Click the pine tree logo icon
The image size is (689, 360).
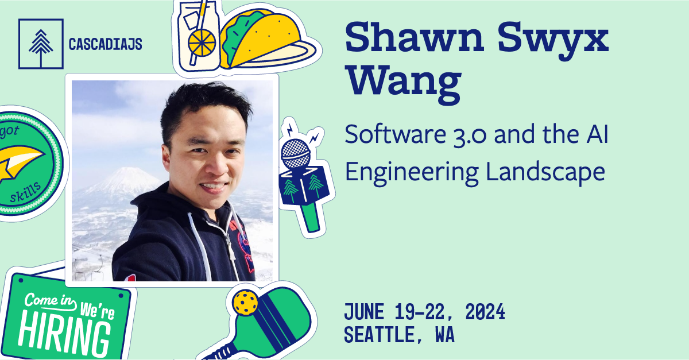(x=40, y=44)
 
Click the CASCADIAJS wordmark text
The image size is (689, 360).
(x=105, y=44)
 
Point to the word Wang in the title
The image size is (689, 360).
(x=403, y=83)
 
